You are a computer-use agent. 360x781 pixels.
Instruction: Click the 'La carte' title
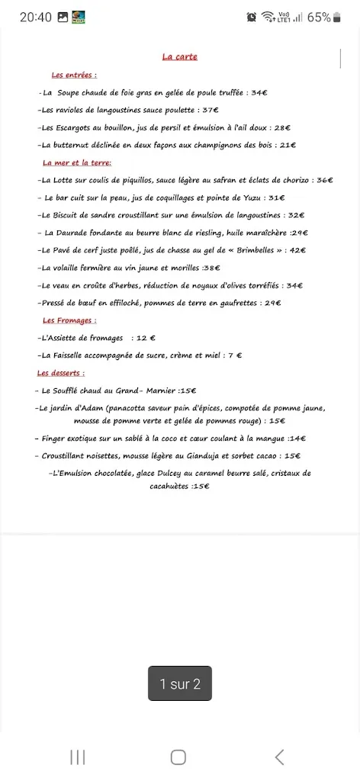point(180,56)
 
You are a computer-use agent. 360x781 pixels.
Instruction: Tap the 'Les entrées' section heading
point(74,75)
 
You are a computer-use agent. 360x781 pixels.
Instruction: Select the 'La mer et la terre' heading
point(77,162)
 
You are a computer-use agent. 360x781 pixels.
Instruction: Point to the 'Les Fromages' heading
point(69,320)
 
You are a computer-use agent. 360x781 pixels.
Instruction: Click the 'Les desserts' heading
point(61,373)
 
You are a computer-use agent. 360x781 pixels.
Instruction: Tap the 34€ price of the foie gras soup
point(259,92)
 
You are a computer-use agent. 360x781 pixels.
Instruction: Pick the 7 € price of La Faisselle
point(235,355)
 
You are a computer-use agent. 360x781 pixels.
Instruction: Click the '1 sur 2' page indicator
point(180,684)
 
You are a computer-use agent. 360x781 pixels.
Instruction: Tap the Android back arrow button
point(279,757)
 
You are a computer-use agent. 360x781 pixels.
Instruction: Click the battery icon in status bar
point(338,17)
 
